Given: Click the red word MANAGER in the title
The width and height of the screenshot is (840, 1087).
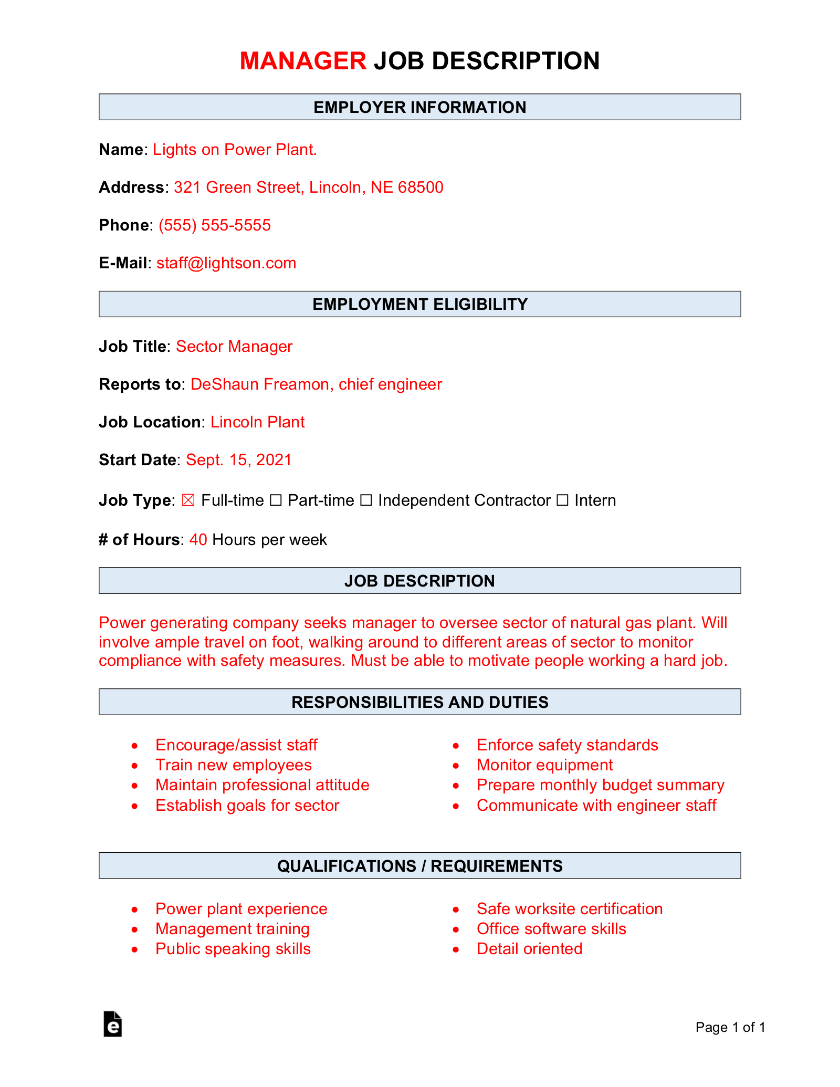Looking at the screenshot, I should point(303,61).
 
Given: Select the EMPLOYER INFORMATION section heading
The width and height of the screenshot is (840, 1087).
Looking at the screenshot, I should point(419,107).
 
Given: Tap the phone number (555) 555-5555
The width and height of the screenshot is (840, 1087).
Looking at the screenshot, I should point(215,225).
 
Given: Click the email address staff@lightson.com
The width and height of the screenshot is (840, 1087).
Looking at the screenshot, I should point(226,263).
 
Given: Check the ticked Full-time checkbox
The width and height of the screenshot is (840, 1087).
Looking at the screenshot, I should point(188,500).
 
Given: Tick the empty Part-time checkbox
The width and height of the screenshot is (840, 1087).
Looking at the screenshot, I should point(276,500).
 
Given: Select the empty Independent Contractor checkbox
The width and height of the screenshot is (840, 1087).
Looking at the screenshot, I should point(366,500).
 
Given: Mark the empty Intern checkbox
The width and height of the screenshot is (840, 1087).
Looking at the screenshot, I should point(562,500).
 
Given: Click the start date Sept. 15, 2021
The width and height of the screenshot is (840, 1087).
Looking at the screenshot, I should point(239,460).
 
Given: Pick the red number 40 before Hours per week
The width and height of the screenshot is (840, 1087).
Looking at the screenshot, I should point(198,540).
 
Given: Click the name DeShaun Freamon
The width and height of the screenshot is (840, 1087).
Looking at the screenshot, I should point(259,384).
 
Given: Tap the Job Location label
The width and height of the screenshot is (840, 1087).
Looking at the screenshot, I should point(150,422).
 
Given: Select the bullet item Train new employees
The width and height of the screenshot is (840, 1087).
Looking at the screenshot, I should point(233,765).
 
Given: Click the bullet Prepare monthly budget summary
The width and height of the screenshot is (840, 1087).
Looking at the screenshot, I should point(600,785).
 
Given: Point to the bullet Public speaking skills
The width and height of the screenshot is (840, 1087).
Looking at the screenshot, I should point(233,949).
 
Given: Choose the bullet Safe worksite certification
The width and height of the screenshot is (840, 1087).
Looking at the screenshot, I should point(569,909).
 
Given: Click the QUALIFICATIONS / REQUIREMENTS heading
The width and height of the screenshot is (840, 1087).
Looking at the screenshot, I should point(419,866).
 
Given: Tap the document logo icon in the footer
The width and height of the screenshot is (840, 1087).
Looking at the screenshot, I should point(112,1024).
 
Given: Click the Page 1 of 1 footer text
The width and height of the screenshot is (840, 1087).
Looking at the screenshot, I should point(730,1027).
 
